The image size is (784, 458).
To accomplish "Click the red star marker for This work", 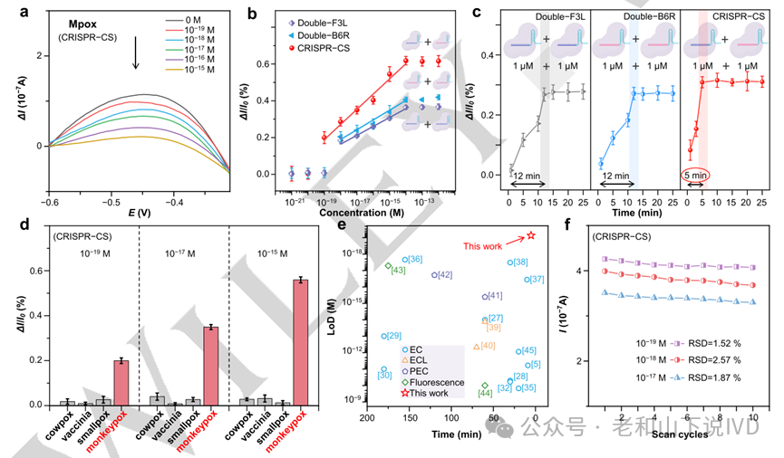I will (x=531, y=235).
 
